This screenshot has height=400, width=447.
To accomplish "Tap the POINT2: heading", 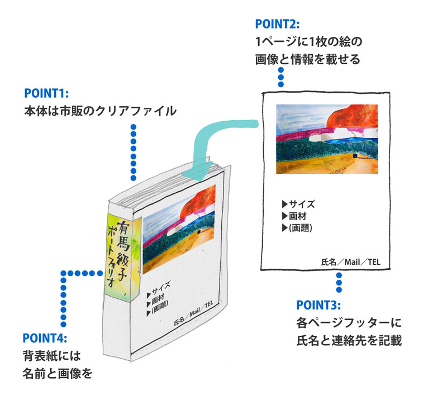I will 277,24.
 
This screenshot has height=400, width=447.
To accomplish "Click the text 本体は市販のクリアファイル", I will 99,111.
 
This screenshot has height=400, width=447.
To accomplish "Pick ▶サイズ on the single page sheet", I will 299,204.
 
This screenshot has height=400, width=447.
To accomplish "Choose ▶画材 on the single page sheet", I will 294,216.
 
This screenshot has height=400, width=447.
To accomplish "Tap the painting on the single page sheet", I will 327,139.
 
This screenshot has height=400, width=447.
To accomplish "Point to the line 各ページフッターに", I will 349,323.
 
